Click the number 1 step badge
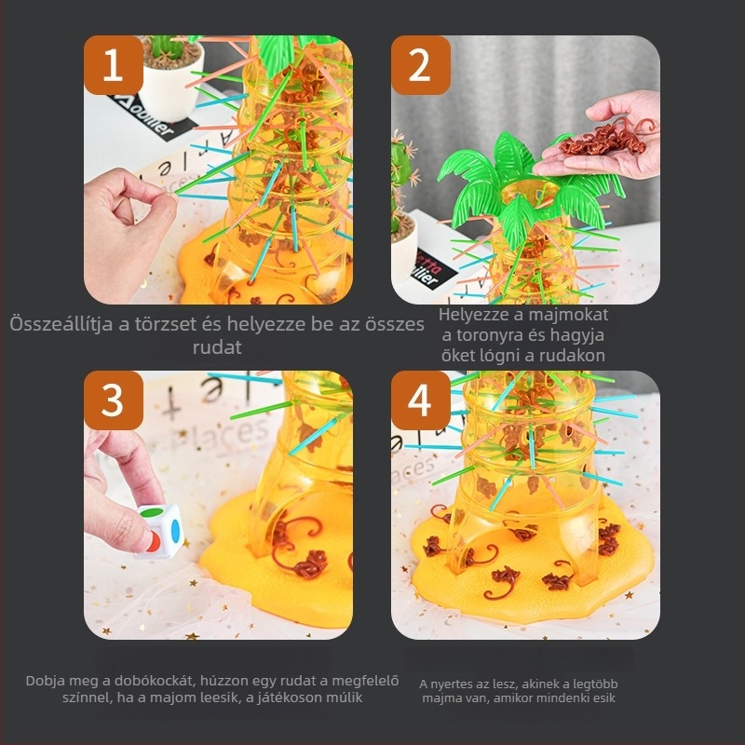[x=114, y=65]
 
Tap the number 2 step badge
[x=421, y=65]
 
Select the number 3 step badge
[x=114, y=400]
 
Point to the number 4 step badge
[x=421, y=400]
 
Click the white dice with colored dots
[x=159, y=531]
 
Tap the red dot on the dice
[x=153, y=542]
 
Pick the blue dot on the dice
[x=175, y=530]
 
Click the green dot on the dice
[x=153, y=512]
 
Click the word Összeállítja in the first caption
[x=61, y=324]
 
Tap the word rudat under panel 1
[x=217, y=346]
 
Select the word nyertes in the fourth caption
[x=452, y=684]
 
